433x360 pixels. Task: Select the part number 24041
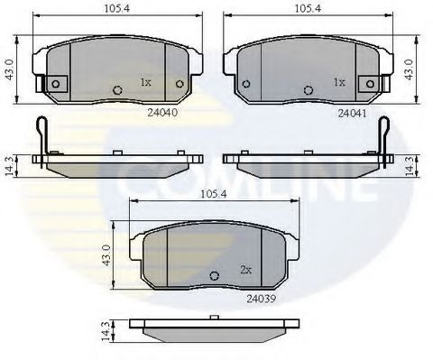click(x=351, y=114)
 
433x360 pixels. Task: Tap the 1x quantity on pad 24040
click(x=144, y=81)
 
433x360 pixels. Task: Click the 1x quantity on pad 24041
click(x=339, y=81)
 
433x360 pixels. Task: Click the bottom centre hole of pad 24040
click(x=118, y=89)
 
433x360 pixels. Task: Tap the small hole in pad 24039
click(x=213, y=276)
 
